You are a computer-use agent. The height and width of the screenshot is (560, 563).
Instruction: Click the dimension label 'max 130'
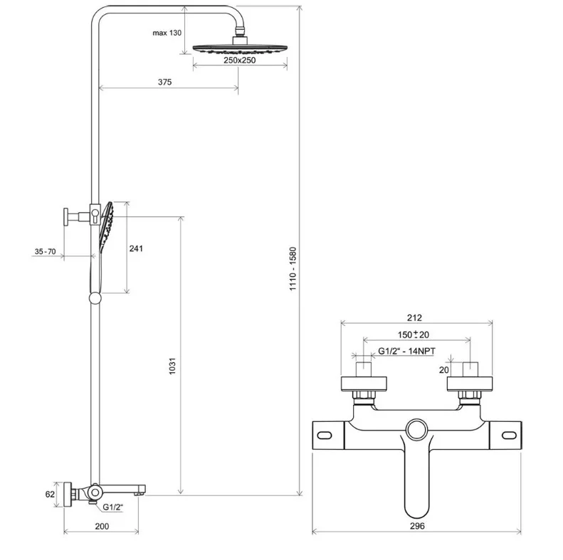167,33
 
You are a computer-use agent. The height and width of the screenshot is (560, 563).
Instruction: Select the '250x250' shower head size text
239,60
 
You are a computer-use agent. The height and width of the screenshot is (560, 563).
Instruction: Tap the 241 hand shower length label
137,248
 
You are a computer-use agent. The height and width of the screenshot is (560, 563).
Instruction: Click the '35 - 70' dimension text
45,251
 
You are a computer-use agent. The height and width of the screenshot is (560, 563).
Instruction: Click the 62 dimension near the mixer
49,493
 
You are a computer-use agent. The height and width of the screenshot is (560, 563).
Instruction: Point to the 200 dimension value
102,526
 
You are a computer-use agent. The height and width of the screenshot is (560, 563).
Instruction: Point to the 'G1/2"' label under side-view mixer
112,507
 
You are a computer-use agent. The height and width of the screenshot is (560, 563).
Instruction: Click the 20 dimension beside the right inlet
443,370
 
